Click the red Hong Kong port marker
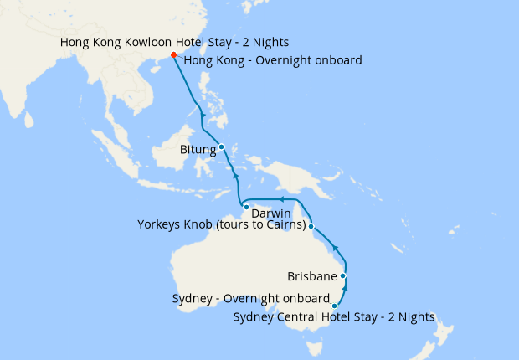[173, 55]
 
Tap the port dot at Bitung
[221, 147]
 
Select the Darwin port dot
[246, 206]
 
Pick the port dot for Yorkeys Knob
[311, 226]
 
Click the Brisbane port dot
[343, 275]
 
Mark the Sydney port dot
[335, 306]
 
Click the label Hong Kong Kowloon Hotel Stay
[175, 41]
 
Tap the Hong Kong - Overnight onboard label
[272, 60]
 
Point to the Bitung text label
[198, 151]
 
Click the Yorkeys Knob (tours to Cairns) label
[221, 224]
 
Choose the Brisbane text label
[311, 275]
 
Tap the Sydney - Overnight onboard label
[250, 299]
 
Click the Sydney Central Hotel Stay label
[334, 317]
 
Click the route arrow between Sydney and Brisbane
[346, 290]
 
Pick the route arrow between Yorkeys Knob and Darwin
[282, 199]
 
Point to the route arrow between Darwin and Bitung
[237, 178]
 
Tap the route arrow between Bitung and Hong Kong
[203, 113]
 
